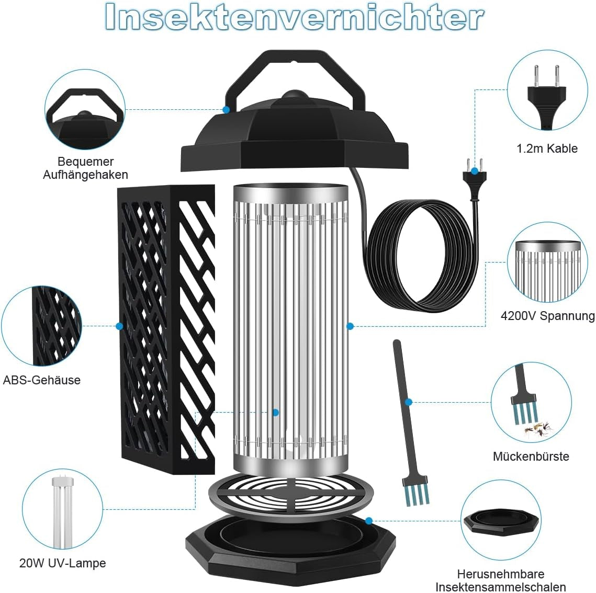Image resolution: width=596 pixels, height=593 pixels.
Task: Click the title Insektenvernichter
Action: coord(294,17)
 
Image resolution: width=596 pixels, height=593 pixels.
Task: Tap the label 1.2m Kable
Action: coord(547,149)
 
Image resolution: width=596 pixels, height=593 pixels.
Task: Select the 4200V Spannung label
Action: coord(548,316)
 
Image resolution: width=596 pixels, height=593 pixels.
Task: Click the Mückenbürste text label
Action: coord(531,456)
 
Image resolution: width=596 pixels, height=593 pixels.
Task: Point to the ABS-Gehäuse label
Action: coord(42,380)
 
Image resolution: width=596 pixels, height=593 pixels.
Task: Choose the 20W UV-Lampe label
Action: coord(63,563)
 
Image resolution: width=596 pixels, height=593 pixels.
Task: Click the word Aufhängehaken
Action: coord(85,175)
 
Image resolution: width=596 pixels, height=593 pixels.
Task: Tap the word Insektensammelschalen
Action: coord(501,587)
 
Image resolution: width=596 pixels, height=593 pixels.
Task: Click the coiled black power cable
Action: coord(420,255)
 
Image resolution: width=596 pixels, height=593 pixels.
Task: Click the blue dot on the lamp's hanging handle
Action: coord(226,109)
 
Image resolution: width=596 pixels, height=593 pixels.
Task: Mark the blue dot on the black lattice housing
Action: coord(119,326)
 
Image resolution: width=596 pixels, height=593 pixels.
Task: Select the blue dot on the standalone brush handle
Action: coord(409,402)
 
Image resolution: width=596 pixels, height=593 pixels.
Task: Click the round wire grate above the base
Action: coord(291,494)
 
